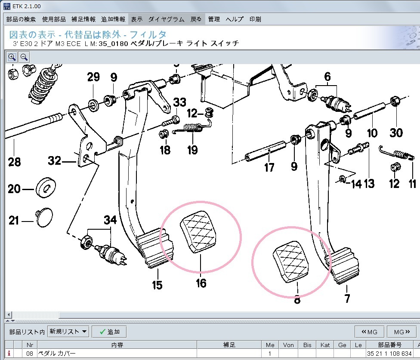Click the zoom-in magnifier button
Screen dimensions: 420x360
12,57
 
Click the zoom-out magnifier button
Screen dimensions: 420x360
24,57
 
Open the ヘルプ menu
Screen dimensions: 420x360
235,19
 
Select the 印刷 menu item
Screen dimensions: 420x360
255,19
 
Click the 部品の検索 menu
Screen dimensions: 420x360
21,19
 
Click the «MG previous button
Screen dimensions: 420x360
369,332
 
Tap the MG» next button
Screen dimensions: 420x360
402,332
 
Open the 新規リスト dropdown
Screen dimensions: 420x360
68,332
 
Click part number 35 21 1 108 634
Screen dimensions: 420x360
389,354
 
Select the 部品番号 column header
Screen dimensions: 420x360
390,345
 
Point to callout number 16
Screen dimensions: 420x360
201,283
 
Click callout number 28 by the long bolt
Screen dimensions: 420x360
15,162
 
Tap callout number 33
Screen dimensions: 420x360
179,102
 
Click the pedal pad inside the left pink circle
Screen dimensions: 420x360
198,232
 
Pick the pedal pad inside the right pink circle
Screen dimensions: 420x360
290,262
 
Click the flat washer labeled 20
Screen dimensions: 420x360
46,188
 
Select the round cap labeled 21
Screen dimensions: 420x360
44,217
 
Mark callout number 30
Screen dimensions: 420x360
396,133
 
